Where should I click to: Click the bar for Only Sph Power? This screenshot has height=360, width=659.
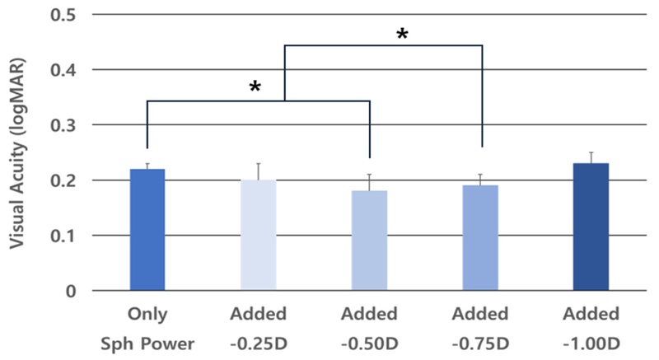coord(147,230)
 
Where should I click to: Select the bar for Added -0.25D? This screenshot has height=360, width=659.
coord(258,236)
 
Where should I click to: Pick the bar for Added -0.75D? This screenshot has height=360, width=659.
coord(481,238)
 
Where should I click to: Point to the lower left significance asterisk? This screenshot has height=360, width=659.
coord(255,87)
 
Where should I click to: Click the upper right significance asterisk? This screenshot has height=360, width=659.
coord(402,35)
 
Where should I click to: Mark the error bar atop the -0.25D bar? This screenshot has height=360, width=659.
coord(259,171)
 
